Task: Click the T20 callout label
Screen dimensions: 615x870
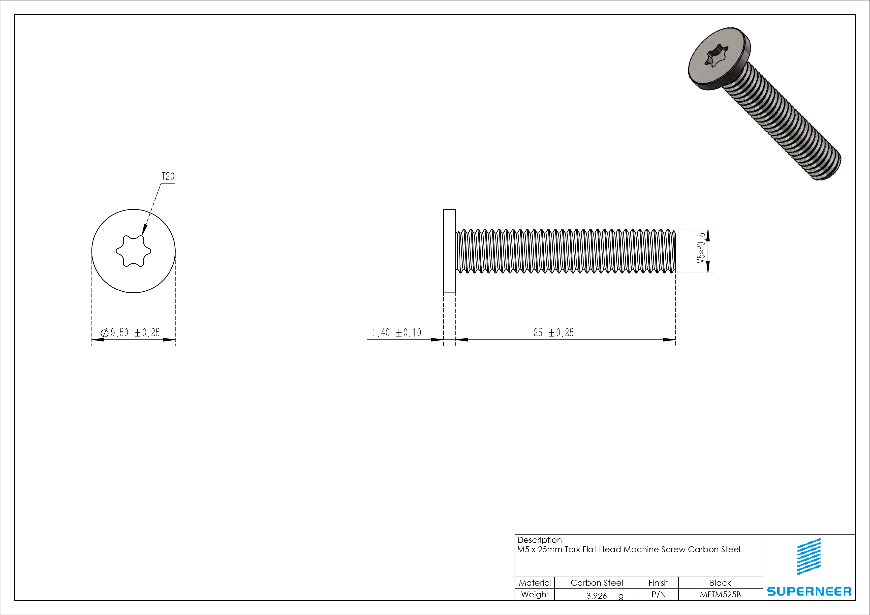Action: click(168, 177)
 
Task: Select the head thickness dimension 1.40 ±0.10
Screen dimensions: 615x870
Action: click(396, 333)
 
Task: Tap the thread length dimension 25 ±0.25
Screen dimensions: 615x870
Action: click(554, 333)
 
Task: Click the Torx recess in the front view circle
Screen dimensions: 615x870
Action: click(133, 251)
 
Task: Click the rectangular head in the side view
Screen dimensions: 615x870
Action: click(449, 251)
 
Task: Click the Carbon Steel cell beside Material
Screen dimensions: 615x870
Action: click(596, 583)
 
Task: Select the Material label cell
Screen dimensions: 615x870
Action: click(535, 583)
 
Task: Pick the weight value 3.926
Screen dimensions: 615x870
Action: click(596, 596)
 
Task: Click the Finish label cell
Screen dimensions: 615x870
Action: click(658, 583)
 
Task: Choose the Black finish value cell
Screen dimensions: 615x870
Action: click(720, 583)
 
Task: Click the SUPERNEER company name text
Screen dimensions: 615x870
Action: click(809, 591)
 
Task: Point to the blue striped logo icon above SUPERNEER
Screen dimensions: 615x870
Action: click(809, 556)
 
